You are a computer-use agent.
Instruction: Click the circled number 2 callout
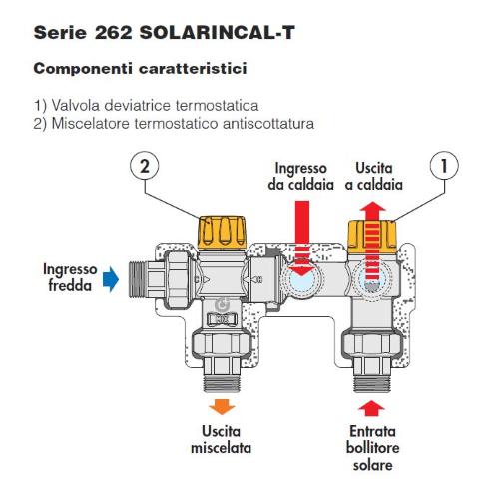tap(145, 166)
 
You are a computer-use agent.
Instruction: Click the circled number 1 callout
tap(444, 166)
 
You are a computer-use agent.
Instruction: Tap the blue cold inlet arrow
tap(111, 279)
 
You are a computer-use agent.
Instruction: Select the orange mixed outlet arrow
tap(222, 407)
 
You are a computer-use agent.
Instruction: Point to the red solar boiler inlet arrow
tap(371, 408)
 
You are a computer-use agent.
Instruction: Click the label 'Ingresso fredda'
tap(70, 277)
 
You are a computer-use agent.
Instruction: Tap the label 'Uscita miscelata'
tap(221, 439)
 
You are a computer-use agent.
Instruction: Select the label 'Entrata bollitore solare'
tap(372, 448)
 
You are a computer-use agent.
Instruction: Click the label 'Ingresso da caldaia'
tap(301, 176)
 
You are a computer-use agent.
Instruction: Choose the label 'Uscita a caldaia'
tap(374, 176)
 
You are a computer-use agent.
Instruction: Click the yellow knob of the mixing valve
tap(222, 233)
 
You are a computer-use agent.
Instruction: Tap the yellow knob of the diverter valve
tap(372, 237)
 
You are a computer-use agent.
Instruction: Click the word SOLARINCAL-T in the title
tap(217, 33)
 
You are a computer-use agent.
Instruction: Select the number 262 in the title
tap(113, 33)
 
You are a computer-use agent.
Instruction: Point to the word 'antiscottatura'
tap(268, 124)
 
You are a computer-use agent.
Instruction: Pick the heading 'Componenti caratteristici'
tap(140, 69)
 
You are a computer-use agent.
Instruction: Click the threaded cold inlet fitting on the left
tap(137, 279)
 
